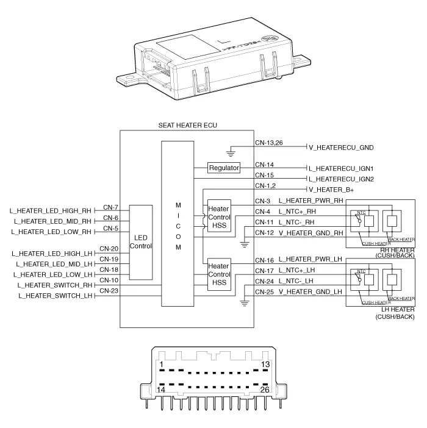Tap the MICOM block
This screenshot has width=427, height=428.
coord(176,224)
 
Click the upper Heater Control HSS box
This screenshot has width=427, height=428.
coord(218,217)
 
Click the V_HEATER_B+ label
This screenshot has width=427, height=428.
coord(332,190)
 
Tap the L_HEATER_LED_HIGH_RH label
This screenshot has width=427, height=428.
coord(51,210)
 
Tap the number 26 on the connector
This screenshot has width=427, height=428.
coord(264,388)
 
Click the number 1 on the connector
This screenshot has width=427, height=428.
coord(160,365)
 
